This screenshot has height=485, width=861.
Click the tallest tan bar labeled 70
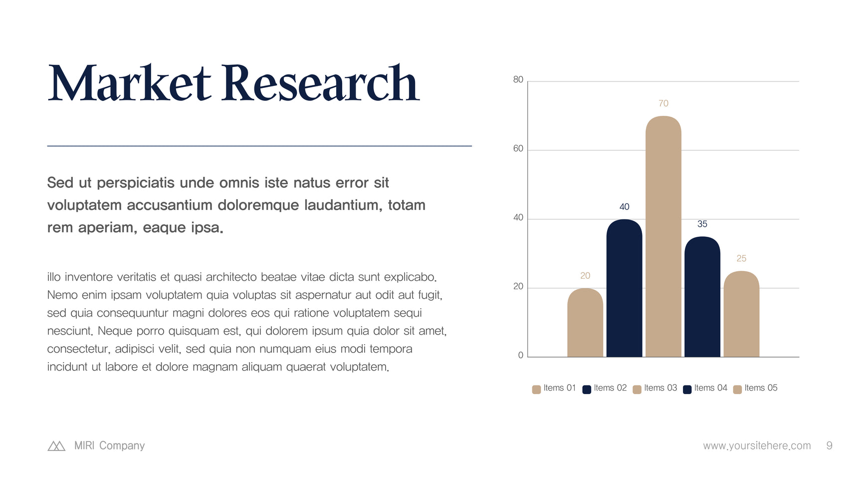tap(663, 236)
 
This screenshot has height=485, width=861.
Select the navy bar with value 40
tap(624, 288)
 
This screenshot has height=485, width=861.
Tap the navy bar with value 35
tap(702, 297)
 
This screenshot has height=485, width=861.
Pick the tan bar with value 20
tap(585, 323)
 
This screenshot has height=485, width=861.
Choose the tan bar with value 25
tap(741, 314)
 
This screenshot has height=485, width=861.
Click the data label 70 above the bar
tap(663, 103)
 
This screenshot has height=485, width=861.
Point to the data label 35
tap(702, 224)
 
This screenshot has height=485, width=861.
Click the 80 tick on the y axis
tap(518, 79)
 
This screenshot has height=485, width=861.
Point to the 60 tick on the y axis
tap(518, 148)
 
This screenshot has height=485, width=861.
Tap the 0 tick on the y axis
tap(521, 355)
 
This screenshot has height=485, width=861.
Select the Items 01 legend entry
tap(554, 388)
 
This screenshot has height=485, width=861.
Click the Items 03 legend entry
tap(654, 388)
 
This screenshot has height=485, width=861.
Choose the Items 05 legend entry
tap(755, 388)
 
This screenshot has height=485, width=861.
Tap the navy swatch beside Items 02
tap(587, 390)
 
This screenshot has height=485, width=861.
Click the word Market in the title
tap(130, 83)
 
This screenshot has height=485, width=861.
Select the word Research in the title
tap(321, 83)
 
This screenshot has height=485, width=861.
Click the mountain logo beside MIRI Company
tap(56, 446)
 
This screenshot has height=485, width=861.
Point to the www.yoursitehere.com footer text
tap(757, 446)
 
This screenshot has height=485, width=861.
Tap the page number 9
tap(829, 446)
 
